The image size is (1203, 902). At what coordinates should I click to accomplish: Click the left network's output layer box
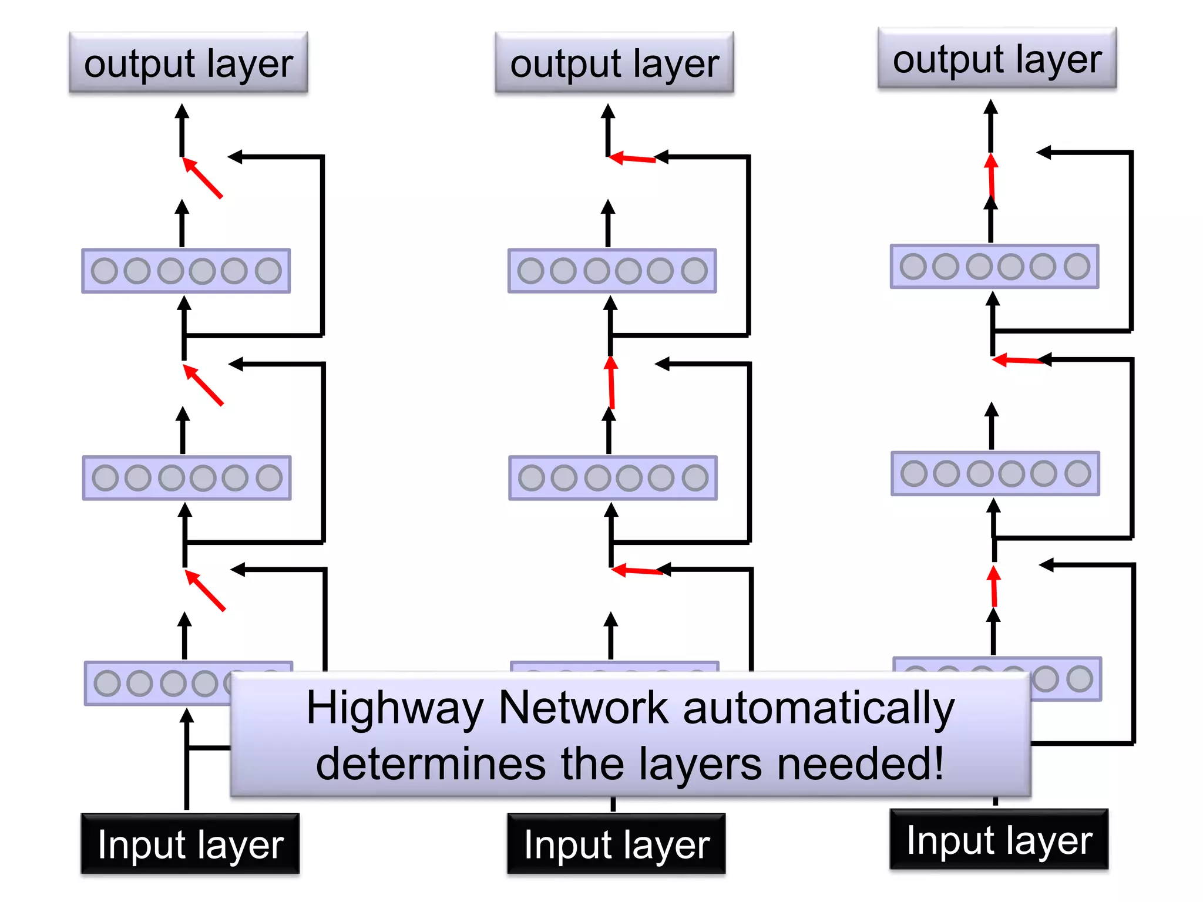point(188,63)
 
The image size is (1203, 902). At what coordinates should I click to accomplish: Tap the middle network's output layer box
point(614,63)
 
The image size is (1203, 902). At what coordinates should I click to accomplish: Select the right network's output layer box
point(997,58)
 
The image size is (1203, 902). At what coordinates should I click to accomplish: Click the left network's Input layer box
point(190,844)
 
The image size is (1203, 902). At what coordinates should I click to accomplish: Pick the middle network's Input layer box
point(616,844)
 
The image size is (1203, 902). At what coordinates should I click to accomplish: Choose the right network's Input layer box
point(999,839)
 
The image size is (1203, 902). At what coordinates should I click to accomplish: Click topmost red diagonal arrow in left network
point(203,177)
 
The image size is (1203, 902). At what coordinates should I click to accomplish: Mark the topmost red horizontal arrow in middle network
point(632,159)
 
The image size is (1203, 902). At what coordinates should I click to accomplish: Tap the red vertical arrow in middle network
point(611,383)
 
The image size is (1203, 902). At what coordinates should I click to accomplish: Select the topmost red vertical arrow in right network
point(992,175)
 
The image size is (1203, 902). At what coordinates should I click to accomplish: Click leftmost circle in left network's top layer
point(105,271)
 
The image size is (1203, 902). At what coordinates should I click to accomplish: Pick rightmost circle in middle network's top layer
point(694,271)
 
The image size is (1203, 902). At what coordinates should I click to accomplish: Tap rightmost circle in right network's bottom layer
point(1080,679)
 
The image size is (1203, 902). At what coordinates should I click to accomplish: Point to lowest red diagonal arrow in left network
point(206,590)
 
